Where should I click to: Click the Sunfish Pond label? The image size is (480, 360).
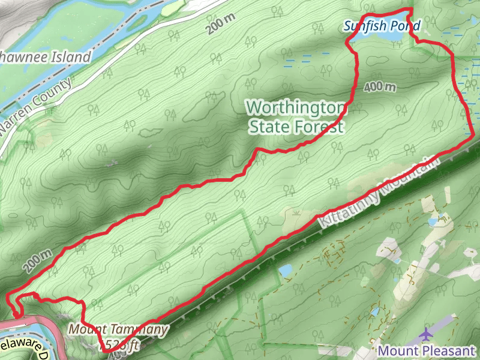[382, 26]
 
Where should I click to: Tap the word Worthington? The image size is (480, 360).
[296, 107]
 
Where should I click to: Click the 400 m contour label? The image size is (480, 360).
[380, 88]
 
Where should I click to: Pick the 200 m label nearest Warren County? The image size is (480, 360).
[223, 24]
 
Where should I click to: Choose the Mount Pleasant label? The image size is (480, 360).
[427, 350]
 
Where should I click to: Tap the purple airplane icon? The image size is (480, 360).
[427, 334]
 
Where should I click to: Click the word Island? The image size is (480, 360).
[71, 58]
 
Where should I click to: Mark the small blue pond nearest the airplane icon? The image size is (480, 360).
[375, 313]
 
